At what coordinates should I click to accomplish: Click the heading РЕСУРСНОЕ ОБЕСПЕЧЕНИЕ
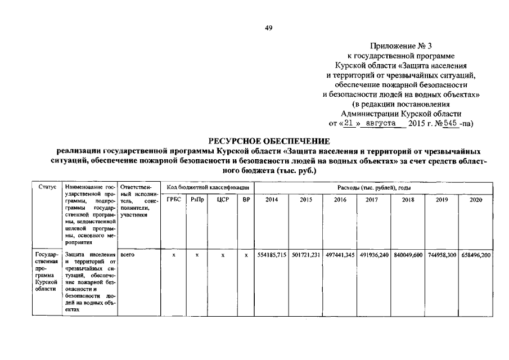coord(268,140)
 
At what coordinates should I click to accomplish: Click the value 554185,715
coord(272,255)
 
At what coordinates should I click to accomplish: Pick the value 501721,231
coord(307,255)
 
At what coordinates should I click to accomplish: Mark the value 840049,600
coord(408,255)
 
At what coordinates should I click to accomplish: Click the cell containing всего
coord(127,255)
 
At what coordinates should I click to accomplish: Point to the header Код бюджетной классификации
coord(208,186)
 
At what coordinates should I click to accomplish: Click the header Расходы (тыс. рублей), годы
coord(374,186)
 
